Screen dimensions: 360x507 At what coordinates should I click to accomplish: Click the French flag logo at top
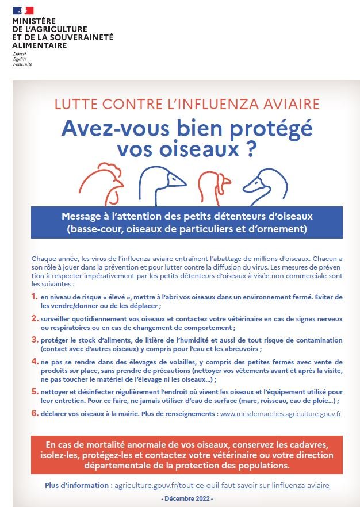23,10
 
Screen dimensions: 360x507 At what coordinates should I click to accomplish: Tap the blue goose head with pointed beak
162,185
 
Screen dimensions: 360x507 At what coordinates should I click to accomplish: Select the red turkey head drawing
214,188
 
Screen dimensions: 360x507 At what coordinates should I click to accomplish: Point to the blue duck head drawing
265,187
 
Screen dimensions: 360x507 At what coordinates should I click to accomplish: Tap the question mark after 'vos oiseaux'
251,149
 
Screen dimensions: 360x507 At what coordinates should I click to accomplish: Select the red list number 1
35,297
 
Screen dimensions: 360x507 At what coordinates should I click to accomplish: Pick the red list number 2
35,318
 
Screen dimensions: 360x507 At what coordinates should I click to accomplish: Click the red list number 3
35,340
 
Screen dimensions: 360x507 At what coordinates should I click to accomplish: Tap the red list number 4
35,362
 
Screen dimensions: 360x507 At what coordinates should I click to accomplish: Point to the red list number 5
35,391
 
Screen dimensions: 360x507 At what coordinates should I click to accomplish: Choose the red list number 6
35,413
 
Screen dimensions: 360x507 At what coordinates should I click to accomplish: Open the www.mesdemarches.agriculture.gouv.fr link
281,414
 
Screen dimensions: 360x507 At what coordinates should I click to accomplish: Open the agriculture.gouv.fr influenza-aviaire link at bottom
222,485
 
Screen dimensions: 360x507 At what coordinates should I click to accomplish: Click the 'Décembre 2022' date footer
187,498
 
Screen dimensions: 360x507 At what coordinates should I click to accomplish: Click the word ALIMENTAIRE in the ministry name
40,45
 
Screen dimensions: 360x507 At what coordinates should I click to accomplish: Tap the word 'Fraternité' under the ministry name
22,64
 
